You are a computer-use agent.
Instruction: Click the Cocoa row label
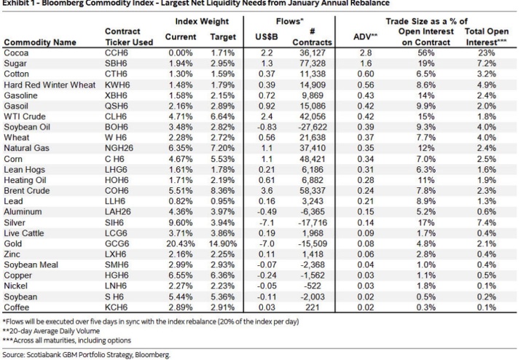(x=16, y=53)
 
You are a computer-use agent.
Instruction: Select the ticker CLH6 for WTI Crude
(x=116, y=117)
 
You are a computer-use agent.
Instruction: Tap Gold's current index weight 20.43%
(x=181, y=243)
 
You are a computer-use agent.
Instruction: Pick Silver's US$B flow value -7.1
(x=267, y=222)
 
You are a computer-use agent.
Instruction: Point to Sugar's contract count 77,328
(x=313, y=63)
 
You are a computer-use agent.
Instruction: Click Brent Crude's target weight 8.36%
(x=223, y=191)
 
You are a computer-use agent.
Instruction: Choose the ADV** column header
(x=366, y=37)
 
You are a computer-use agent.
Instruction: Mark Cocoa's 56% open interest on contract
(x=426, y=53)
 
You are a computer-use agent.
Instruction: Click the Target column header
(x=223, y=37)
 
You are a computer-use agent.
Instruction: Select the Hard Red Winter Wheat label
(x=50, y=85)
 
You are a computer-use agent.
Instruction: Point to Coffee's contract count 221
(x=313, y=308)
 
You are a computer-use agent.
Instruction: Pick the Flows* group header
(x=290, y=21)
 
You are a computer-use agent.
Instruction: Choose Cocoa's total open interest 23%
(x=487, y=53)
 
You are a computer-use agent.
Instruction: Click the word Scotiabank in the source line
(x=42, y=355)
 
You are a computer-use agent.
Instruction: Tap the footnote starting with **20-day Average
(x=51, y=331)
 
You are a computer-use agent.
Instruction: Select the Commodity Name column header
(x=40, y=42)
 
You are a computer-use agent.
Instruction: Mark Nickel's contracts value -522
(x=313, y=286)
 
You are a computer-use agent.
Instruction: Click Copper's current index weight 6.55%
(x=181, y=275)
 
